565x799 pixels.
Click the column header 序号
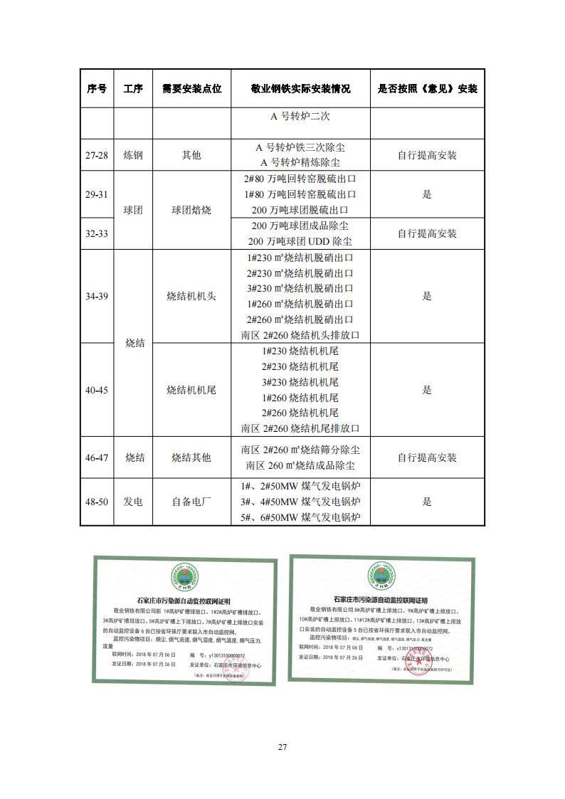click(97, 89)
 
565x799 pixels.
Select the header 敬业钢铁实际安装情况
click(301, 89)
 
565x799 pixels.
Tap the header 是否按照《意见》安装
click(427, 89)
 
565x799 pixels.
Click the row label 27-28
click(97, 155)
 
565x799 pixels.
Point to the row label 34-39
click(97, 297)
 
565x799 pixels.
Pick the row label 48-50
click(97, 502)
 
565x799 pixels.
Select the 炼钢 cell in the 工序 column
click(133, 155)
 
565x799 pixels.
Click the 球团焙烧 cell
click(191, 211)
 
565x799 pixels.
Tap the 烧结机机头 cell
click(191, 297)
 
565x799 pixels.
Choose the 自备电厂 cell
click(191, 502)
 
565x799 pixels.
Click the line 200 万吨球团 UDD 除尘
click(301, 241)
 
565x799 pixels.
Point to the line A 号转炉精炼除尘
click(301, 163)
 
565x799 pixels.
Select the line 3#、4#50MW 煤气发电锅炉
click(301, 502)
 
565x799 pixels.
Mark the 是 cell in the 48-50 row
click(427, 502)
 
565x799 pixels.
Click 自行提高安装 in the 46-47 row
click(427, 457)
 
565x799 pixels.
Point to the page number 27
click(282, 747)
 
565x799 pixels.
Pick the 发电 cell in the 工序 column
click(133, 502)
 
